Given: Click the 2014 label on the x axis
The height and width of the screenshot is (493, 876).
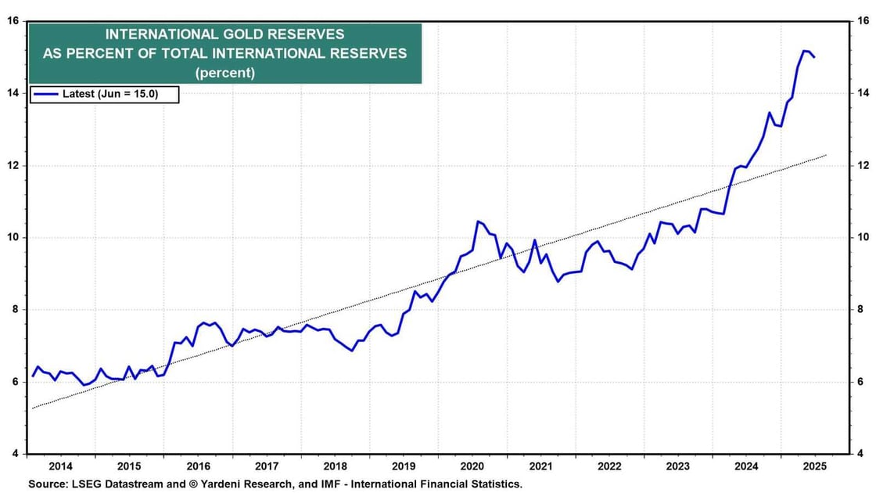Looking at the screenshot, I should click(60, 464).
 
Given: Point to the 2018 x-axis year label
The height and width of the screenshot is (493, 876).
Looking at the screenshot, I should click(335, 464).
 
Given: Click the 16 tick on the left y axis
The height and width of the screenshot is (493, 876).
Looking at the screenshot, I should click(13, 21).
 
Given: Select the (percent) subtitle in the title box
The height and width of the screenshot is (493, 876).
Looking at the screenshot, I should click(225, 73).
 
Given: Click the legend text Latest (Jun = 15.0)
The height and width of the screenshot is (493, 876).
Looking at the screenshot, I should click(110, 95).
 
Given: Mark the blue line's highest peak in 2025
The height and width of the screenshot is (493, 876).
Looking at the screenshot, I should click(804, 51).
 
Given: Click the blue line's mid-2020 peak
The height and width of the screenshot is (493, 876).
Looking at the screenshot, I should click(478, 221).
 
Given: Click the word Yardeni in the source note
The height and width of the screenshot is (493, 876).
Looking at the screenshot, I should click(226, 484).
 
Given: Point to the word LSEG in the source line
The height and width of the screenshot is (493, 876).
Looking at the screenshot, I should click(87, 484).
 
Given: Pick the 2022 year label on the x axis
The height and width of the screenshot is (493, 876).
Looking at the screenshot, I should click(609, 464).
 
